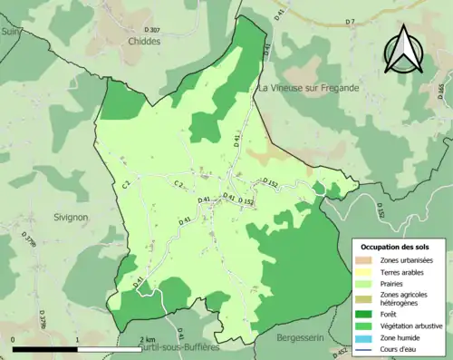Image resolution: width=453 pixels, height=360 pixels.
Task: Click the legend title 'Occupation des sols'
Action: click(396, 247)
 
